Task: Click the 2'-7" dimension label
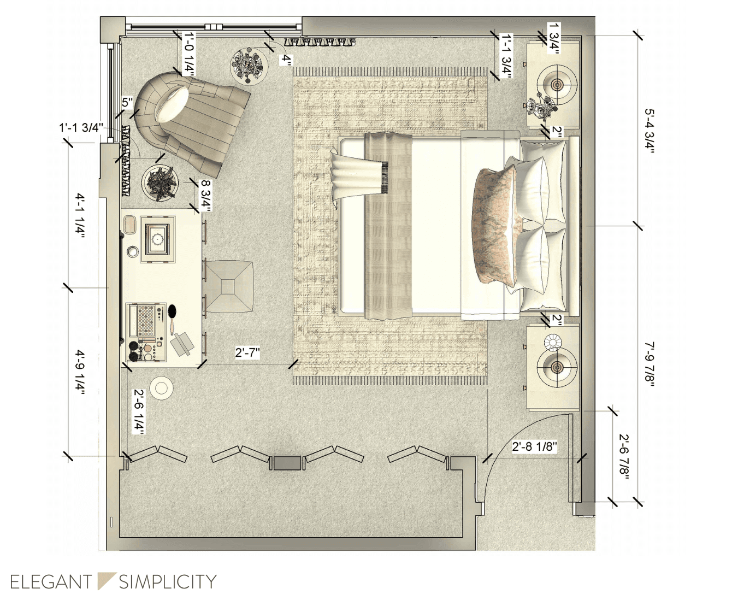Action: (247, 352)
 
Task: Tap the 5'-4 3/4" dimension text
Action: (650, 131)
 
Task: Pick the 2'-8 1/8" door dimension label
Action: (534, 446)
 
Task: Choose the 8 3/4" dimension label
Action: (206, 196)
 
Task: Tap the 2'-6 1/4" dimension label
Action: (138, 412)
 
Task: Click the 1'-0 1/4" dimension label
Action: (190, 54)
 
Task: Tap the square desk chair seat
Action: (228, 286)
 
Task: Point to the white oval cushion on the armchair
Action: (172, 104)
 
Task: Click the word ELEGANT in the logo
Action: (51, 582)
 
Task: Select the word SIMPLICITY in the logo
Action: (167, 582)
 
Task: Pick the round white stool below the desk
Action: (161, 388)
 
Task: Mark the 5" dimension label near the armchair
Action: (127, 103)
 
